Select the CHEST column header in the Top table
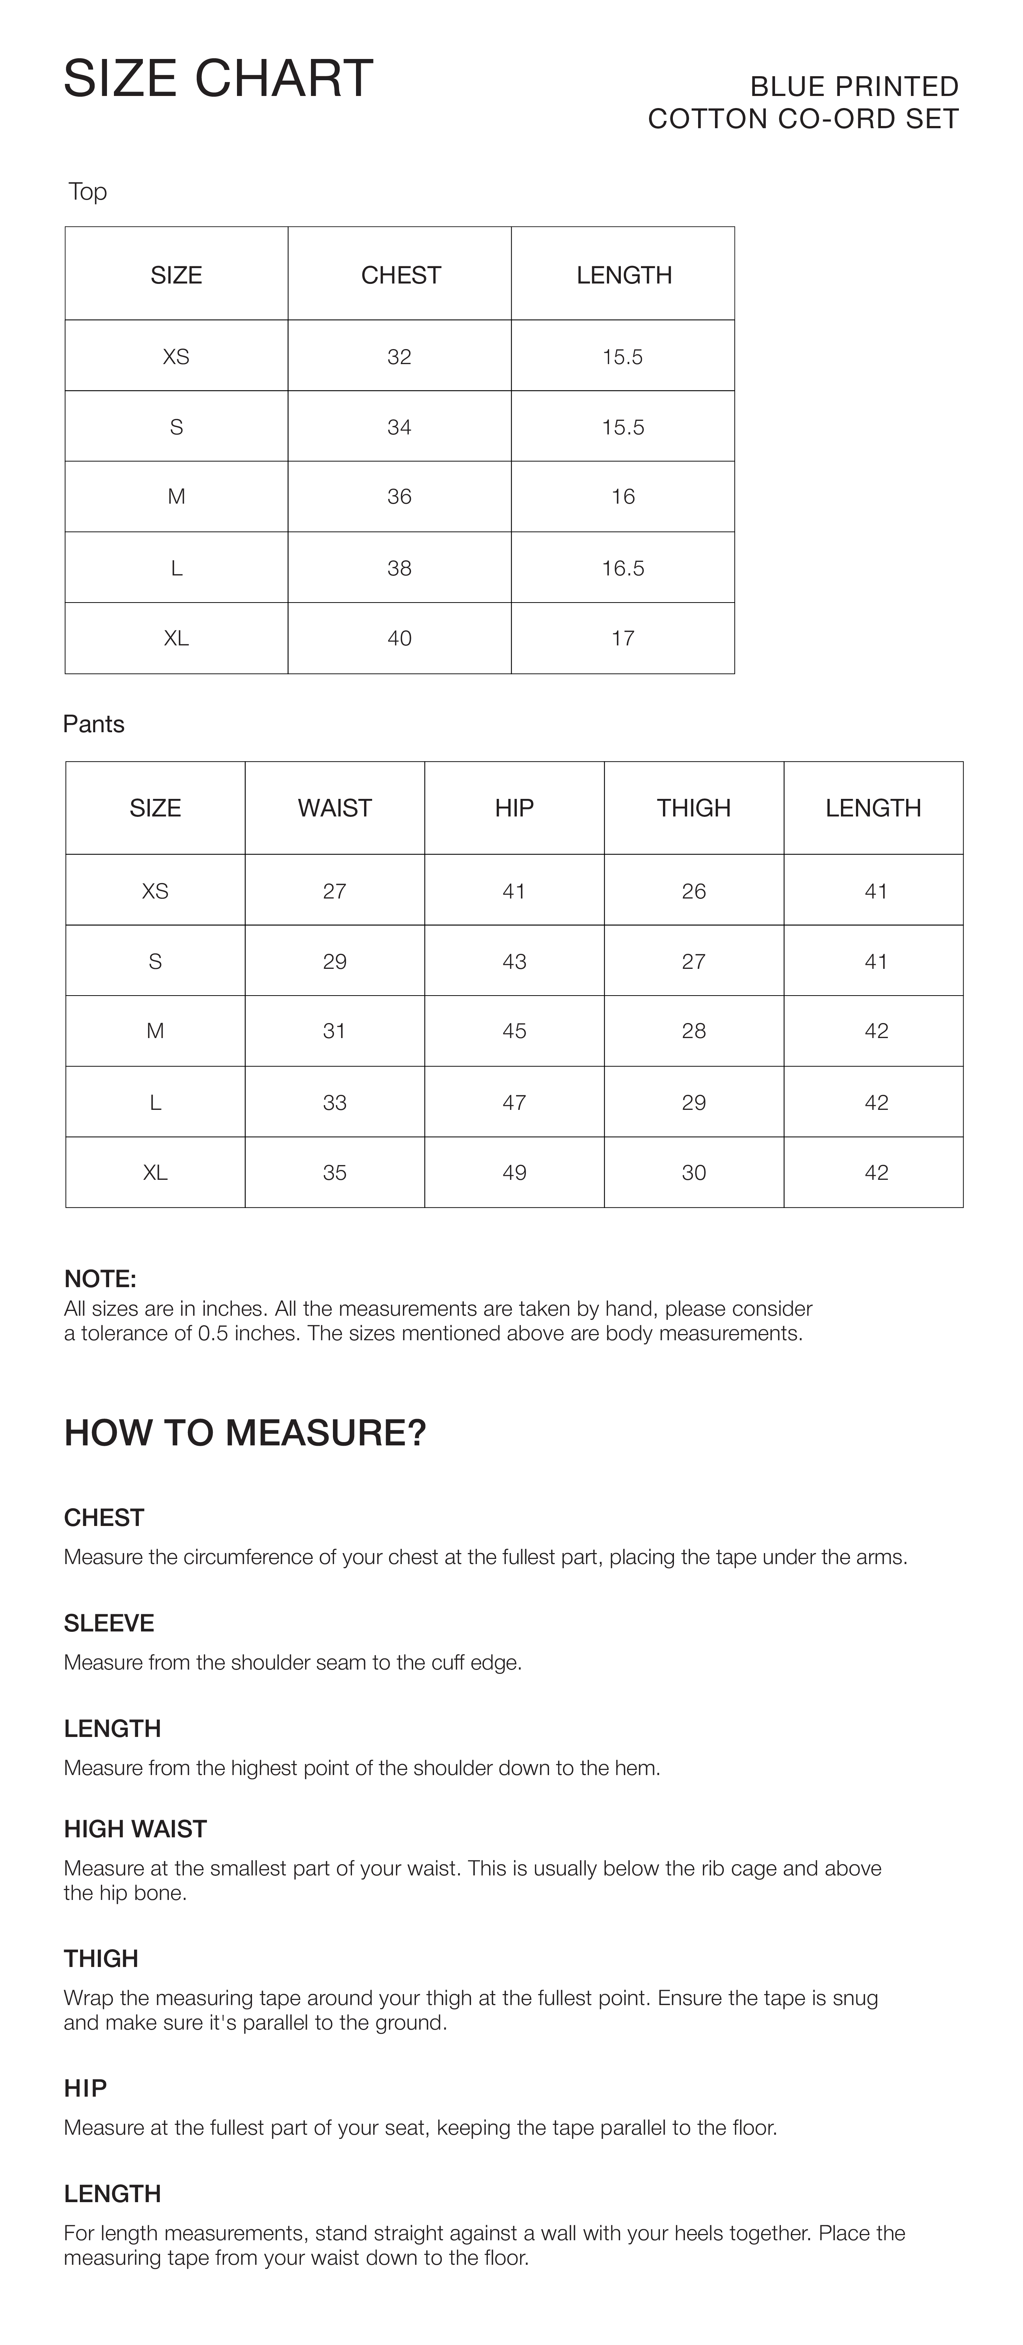click(x=400, y=275)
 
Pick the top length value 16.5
click(x=623, y=568)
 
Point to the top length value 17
click(x=623, y=638)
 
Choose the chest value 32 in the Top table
click(x=400, y=357)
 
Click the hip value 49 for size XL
click(x=514, y=1172)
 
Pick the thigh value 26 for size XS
click(x=693, y=891)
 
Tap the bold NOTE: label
click(x=100, y=1279)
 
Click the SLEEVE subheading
click(x=109, y=1623)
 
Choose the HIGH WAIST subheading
click(x=136, y=1829)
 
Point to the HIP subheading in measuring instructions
click(x=86, y=2088)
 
